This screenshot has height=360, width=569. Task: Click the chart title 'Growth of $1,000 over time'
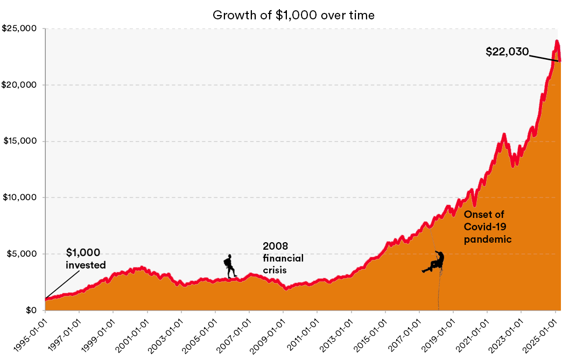click(293, 15)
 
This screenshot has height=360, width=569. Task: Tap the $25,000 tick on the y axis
click(21, 29)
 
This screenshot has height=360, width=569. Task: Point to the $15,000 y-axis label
click(21, 142)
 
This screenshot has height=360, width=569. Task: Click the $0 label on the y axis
click(32, 310)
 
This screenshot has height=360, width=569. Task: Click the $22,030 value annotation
click(507, 52)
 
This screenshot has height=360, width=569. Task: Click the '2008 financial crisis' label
click(283, 258)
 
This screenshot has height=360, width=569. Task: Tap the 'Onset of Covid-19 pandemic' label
click(487, 227)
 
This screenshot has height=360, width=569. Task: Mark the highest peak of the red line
click(557, 41)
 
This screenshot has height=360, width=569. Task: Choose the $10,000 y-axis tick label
click(21, 197)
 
